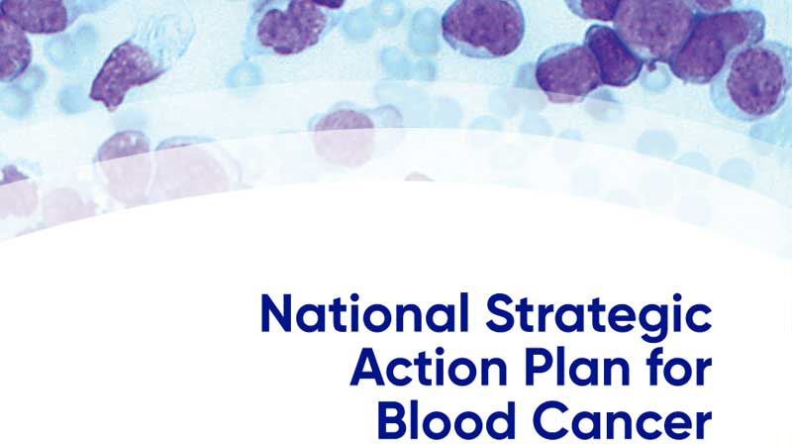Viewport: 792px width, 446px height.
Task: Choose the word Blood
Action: click(445, 420)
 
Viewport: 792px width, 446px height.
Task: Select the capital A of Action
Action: click(367, 369)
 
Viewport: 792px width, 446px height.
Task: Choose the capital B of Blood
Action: click(392, 420)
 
